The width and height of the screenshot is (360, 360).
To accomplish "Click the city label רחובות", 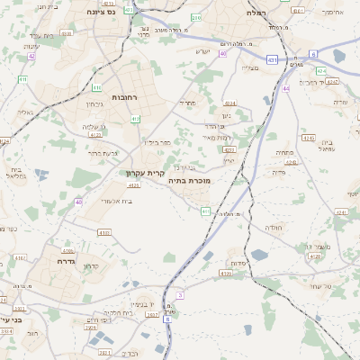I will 122,96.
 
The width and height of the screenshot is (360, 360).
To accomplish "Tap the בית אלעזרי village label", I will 117,201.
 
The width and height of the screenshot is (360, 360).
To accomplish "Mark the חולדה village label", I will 274,228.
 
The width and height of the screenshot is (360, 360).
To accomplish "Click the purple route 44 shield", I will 285,88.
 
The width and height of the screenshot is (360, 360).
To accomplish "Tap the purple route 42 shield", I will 31,56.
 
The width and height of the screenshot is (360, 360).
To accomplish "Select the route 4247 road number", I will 332,82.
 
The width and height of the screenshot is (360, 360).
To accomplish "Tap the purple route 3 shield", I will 180,295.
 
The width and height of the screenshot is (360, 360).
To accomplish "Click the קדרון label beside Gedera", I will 90,266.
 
